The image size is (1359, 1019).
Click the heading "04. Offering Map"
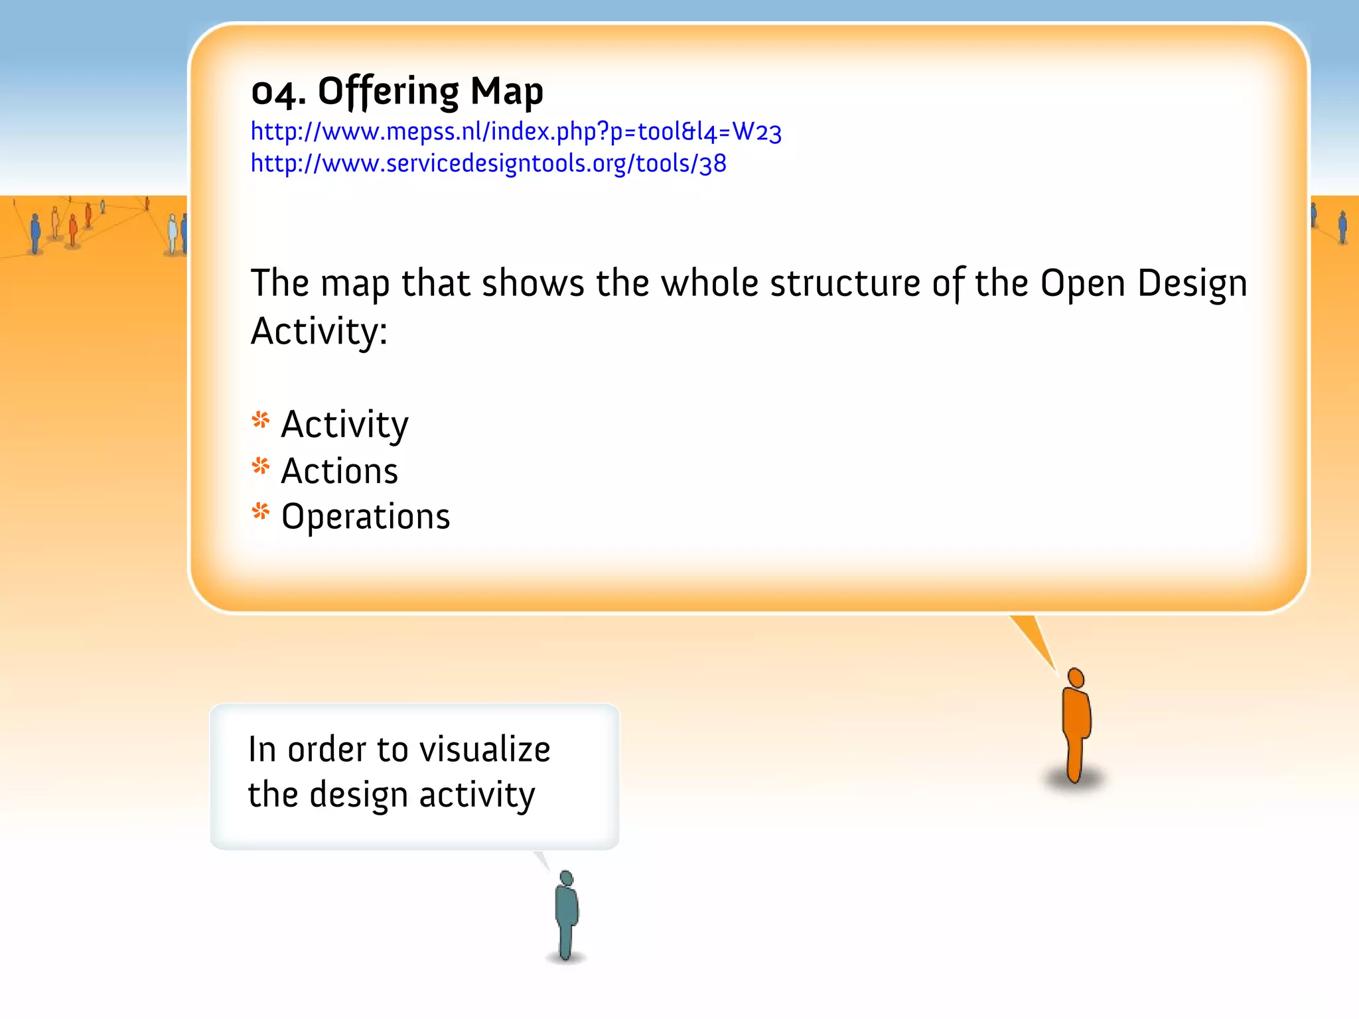(397, 92)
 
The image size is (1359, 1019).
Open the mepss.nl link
(516, 132)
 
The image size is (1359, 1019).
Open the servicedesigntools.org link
(488, 163)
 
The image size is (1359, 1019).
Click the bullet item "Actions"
(339, 472)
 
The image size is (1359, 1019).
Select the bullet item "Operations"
(365, 517)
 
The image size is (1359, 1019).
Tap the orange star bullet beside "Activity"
(261, 421)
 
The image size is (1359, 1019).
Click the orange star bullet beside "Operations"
(261, 511)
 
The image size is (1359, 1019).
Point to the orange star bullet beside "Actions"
(261, 466)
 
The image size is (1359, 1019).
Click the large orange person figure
(1076, 730)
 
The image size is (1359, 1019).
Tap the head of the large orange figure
(1076, 678)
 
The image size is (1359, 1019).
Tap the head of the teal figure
(566, 878)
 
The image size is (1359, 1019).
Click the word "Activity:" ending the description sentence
(319, 331)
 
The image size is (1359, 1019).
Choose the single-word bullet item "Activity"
(344, 425)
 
